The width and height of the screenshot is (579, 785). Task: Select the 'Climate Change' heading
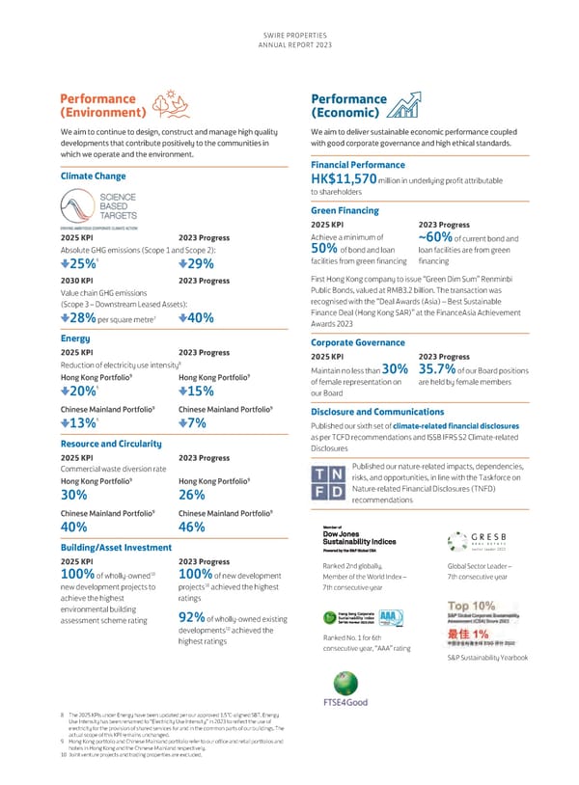[x=93, y=176]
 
